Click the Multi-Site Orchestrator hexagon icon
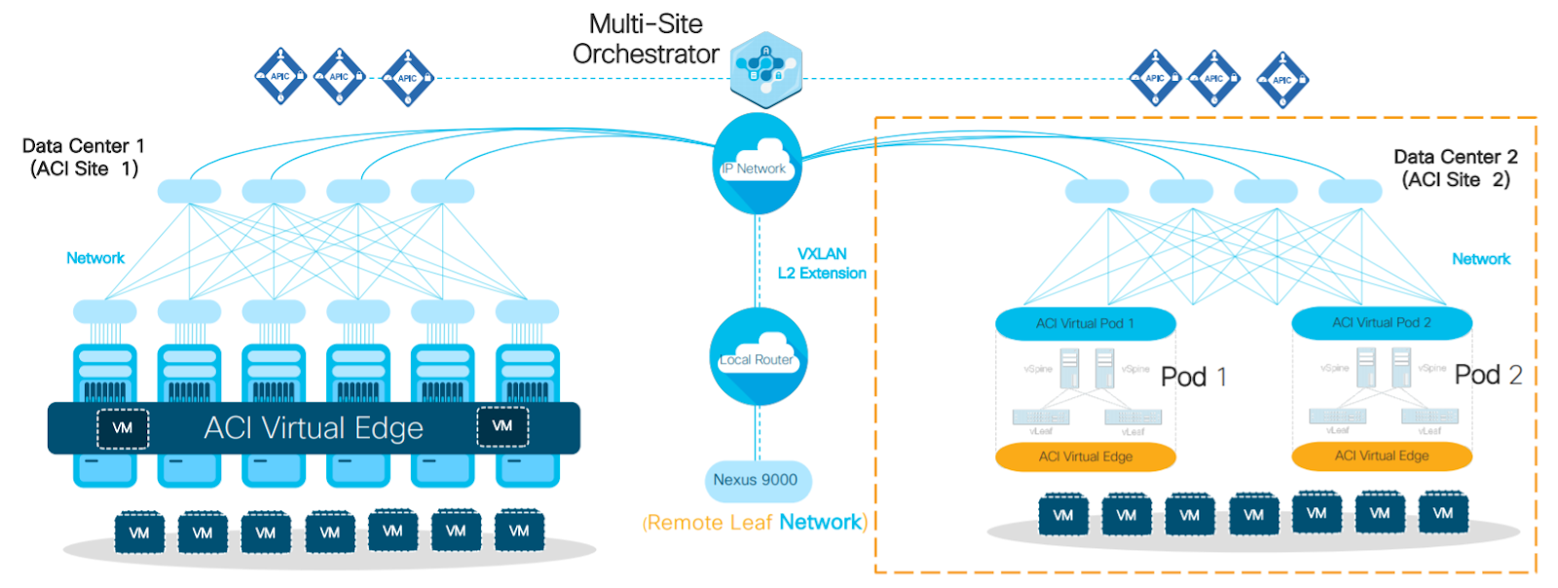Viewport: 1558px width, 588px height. tap(766, 69)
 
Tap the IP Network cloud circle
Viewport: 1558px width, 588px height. tap(758, 165)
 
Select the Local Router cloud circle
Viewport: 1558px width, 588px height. tap(758, 356)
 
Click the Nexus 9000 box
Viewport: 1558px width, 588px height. tap(757, 480)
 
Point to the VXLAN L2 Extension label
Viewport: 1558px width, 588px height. tap(822, 264)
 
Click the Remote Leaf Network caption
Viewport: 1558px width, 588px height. tap(755, 523)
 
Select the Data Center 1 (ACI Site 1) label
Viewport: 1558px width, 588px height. tap(84, 158)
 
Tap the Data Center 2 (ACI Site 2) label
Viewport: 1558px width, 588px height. tap(1455, 168)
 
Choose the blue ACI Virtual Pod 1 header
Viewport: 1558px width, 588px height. tap(1085, 323)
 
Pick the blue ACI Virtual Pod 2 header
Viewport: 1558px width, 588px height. tap(1382, 322)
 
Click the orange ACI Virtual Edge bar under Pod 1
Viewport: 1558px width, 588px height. tap(1085, 457)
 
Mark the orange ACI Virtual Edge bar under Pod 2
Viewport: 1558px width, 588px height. tap(1382, 456)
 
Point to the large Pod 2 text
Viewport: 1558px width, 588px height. tap(1488, 375)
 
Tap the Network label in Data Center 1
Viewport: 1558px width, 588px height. tap(95, 258)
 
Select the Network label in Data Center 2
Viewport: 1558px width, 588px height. tap(1481, 259)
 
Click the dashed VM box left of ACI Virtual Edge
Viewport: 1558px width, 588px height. tap(123, 428)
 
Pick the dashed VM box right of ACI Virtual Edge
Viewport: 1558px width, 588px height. tap(502, 426)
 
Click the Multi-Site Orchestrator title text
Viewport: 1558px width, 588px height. tap(646, 39)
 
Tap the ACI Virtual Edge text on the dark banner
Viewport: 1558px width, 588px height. tap(314, 428)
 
